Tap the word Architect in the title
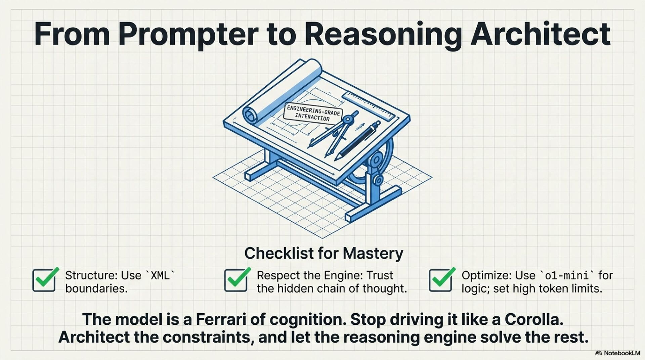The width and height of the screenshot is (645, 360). click(x=540, y=34)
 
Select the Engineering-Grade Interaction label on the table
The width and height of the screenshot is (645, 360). click(x=313, y=113)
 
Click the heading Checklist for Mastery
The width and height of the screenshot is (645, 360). click(x=324, y=253)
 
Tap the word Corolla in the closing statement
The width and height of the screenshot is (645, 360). click(x=534, y=319)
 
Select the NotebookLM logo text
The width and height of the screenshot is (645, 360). click(x=618, y=353)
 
